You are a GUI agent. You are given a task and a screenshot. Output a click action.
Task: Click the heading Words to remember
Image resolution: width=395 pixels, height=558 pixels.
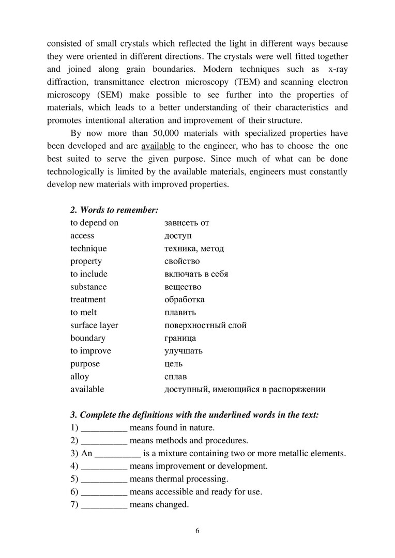(114, 210)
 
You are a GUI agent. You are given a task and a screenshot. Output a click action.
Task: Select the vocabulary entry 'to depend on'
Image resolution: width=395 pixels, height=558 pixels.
(94, 223)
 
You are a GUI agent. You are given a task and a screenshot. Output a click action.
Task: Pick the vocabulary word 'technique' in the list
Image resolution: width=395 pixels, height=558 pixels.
(88, 249)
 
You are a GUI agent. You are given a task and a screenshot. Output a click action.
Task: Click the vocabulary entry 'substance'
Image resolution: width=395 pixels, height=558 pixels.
(88, 287)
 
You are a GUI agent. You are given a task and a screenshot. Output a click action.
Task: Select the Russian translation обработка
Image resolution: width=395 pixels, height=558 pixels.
(185, 300)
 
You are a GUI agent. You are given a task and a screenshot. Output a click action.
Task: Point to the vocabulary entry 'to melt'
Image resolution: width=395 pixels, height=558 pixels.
(83, 313)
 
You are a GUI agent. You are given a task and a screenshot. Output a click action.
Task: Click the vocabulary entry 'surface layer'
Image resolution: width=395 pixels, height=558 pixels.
(94, 326)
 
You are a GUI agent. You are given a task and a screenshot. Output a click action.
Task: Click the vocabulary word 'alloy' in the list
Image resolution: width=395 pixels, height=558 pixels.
(80, 377)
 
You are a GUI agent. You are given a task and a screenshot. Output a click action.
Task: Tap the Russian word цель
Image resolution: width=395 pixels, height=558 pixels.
(173, 364)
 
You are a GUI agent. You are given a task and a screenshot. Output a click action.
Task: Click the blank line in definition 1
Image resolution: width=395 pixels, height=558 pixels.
(104, 429)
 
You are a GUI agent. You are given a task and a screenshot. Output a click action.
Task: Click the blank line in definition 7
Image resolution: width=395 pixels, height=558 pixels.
(104, 505)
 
